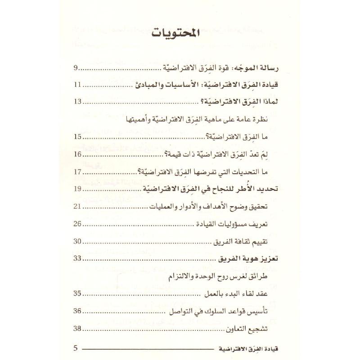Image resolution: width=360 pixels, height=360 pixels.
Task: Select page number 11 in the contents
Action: click(x=77, y=85)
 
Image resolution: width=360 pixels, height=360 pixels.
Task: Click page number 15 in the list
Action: click(x=77, y=137)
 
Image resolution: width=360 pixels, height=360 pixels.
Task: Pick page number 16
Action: click(x=77, y=154)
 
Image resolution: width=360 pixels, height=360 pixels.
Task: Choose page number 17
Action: click(x=77, y=171)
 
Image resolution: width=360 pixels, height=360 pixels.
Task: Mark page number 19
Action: click(x=77, y=189)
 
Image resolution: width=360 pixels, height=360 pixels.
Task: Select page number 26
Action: click(x=77, y=224)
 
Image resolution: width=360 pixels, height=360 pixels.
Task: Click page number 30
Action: click(x=77, y=241)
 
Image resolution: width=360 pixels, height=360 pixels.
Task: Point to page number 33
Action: click(x=77, y=259)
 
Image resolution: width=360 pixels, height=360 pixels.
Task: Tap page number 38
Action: click(x=77, y=329)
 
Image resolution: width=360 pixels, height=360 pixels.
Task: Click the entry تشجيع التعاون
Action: click(x=263, y=329)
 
